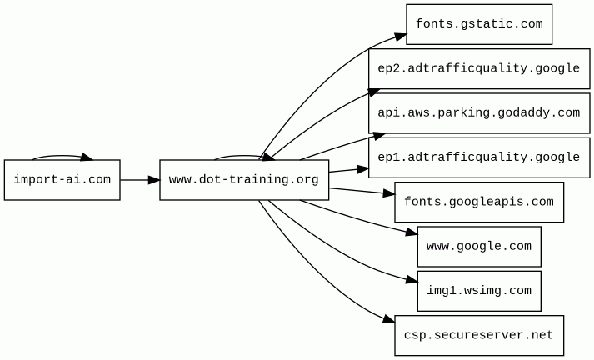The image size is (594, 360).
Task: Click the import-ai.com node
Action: tap(62, 180)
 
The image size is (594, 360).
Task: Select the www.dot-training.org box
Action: tap(244, 180)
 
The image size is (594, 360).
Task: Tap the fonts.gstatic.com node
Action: tap(479, 24)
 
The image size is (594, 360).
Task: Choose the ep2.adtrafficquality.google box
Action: tap(479, 68)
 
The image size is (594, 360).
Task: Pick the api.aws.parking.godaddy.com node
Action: tap(479, 113)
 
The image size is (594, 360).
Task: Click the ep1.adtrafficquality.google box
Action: tap(479, 157)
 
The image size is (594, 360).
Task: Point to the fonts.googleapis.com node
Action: tap(479, 202)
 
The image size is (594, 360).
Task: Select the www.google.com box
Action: tap(479, 247)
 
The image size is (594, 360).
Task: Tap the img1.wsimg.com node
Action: tap(479, 291)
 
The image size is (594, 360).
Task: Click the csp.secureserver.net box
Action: tap(479, 335)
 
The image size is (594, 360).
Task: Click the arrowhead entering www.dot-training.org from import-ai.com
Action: tap(154, 180)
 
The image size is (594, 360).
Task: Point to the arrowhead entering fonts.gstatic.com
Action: tap(401, 37)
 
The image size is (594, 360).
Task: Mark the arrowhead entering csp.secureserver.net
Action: tap(389, 318)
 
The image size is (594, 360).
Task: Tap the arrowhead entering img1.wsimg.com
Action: tap(412, 280)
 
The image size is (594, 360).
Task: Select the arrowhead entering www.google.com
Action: tap(412, 232)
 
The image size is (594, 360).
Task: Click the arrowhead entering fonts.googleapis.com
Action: tap(389, 193)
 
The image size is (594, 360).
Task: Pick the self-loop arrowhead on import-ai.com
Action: tap(86, 157)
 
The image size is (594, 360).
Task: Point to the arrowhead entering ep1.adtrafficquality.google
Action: tap(362, 169)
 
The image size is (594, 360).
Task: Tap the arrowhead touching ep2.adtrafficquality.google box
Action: tap(373, 92)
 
